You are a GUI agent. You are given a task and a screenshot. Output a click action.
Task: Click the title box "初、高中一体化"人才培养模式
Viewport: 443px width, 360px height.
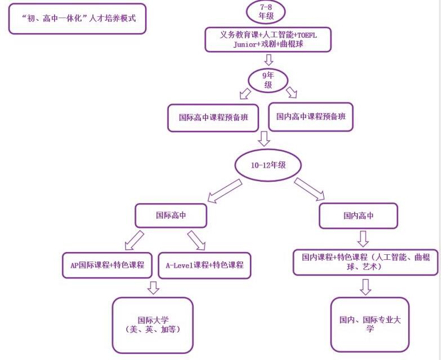coord(77,19)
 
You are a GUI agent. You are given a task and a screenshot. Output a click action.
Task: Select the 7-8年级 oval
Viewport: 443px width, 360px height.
coord(267,12)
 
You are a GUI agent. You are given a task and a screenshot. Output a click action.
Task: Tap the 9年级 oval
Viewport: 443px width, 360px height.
coord(269,80)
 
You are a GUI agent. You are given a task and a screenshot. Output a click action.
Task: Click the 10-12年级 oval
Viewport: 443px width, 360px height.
coord(268,164)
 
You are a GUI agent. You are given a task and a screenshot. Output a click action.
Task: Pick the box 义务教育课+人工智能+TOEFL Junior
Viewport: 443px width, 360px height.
coord(268,39)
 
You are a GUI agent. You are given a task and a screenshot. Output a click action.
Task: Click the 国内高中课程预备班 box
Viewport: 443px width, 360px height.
coord(311,116)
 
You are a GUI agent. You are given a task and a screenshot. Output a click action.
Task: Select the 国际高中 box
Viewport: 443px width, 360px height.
coord(171,215)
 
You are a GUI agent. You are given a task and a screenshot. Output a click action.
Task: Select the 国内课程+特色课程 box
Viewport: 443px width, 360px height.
coord(365,262)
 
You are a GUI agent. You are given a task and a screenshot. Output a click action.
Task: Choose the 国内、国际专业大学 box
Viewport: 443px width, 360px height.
coord(369,324)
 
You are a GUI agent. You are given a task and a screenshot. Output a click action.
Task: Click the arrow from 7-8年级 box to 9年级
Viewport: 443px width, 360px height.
coord(269,59)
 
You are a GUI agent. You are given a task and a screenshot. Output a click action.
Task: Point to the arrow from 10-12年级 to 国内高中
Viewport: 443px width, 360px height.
coord(309,189)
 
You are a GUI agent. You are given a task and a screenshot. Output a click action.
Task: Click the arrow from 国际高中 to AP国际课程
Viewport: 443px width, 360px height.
coord(134,239)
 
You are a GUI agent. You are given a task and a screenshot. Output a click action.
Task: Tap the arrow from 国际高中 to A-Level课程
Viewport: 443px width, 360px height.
coord(196,240)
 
